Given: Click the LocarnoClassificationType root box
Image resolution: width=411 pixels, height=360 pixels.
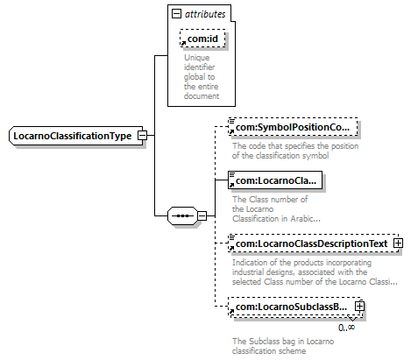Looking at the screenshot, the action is click(x=76, y=136).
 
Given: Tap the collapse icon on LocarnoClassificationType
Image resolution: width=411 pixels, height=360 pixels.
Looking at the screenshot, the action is click(x=142, y=136).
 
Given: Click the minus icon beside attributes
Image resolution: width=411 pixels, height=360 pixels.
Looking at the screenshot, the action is click(x=176, y=13).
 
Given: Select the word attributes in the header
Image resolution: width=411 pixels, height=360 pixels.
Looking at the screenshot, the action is click(x=205, y=14).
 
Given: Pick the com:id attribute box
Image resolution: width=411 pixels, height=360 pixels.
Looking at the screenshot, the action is click(x=202, y=39).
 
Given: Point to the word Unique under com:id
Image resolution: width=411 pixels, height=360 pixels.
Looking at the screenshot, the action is click(x=196, y=58).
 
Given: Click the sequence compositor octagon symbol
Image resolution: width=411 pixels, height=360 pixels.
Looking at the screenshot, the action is click(x=183, y=216).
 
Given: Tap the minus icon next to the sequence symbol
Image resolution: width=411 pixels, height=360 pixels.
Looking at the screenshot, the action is click(x=202, y=216).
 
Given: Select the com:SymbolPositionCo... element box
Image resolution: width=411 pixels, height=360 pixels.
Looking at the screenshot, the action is click(x=293, y=127).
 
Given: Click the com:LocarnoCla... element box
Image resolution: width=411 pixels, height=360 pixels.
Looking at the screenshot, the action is click(x=275, y=180).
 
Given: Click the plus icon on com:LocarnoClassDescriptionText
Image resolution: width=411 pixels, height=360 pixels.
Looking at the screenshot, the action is click(x=398, y=244).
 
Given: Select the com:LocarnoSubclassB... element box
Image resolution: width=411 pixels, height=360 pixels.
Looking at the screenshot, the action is click(x=295, y=307).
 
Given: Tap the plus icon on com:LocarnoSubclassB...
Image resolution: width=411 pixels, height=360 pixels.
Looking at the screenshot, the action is click(x=359, y=307).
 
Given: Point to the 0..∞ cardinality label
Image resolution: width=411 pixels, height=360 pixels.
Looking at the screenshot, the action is click(x=347, y=328).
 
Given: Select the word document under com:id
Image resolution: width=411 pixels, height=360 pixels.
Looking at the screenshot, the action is click(x=202, y=96).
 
